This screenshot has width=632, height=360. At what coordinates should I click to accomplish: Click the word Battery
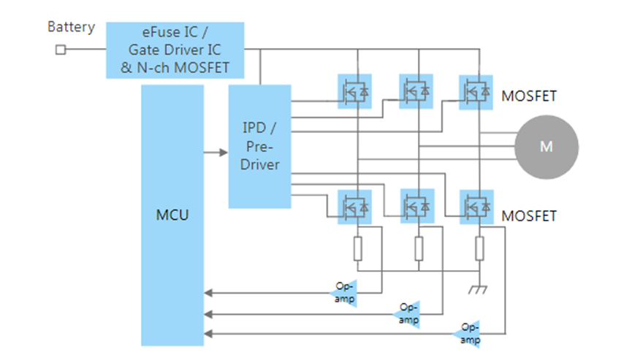point(71,28)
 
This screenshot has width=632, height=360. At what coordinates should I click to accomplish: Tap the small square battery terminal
point(61,50)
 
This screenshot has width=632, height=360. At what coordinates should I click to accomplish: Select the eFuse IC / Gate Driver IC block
point(175,50)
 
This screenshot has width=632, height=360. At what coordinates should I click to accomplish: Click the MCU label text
point(172,216)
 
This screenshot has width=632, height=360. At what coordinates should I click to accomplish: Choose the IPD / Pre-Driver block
point(260,145)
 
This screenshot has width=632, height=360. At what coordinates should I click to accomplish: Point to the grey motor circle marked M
point(547,146)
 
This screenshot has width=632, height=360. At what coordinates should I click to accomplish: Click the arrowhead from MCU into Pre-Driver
point(224,153)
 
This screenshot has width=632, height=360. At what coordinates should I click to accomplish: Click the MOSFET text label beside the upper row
point(529,96)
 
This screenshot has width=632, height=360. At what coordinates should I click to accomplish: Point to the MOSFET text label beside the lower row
point(529,216)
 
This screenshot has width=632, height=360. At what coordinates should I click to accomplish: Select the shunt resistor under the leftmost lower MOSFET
point(357,249)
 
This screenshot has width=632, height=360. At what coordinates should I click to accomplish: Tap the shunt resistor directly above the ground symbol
point(479,249)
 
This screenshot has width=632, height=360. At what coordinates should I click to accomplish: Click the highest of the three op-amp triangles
point(348,291)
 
